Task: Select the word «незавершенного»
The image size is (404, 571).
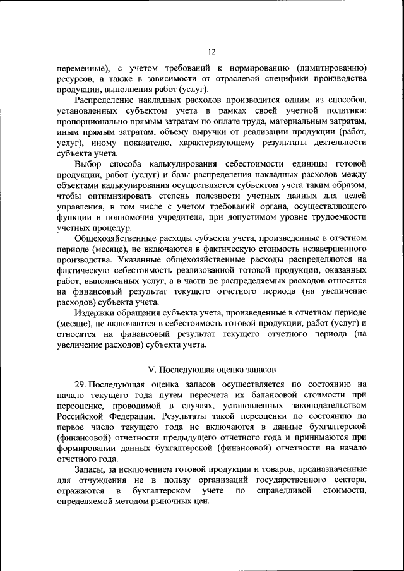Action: tap(333, 249)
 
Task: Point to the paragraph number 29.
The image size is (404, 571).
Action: tap(80, 384)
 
